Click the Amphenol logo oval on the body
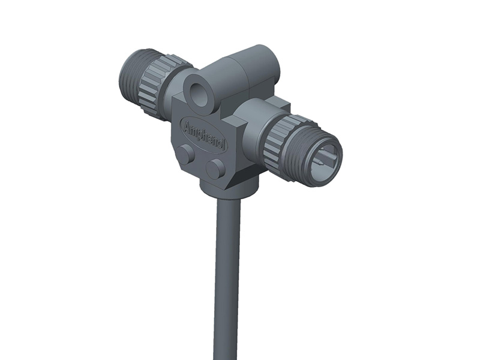[204, 134]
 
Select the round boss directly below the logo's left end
[186, 154]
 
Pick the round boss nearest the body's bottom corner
[214, 169]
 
